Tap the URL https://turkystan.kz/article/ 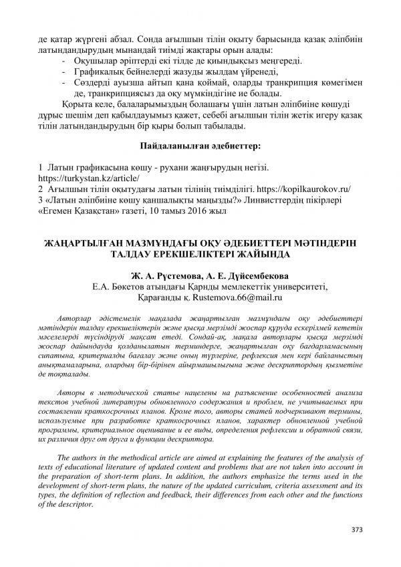click(x=88, y=179)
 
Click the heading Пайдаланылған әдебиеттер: click(x=200, y=145)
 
